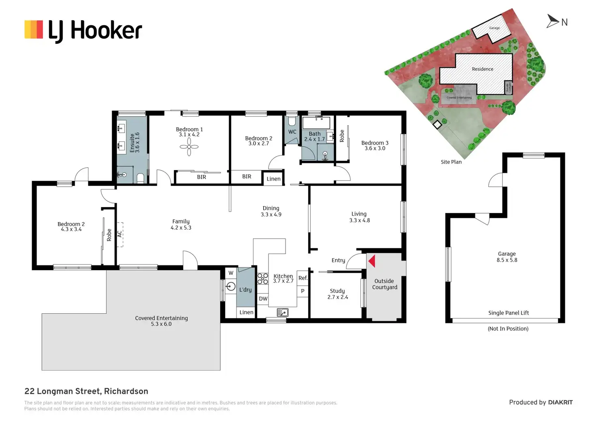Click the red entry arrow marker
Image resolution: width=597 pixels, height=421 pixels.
tap(372, 261)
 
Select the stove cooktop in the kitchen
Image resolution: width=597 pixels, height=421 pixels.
tap(263, 278)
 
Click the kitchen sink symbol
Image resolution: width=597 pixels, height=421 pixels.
tap(283, 312)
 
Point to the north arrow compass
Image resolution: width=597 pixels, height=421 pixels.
tap(553, 21)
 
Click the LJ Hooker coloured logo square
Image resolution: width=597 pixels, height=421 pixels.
tap(34, 30)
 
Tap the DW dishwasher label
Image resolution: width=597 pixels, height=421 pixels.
tap(263, 299)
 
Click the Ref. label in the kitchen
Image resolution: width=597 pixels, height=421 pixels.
tap(303, 278)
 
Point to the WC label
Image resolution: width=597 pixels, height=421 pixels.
tap(292, 132)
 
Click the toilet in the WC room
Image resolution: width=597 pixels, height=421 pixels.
tap(292, 122)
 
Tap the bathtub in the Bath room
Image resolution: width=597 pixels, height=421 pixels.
tap(316, 122)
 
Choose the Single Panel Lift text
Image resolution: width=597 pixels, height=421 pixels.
tap(509, 313)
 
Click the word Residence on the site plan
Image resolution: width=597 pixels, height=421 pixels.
tap(483, 69)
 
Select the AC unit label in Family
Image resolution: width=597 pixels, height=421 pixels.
tap(120, 234)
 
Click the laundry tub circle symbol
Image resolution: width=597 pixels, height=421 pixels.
tap(231, 286)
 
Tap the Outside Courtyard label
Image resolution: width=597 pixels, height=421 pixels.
tap(384, 284)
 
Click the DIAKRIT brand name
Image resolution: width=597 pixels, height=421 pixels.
tap(560, 402)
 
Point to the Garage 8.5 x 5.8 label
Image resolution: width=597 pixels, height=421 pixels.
tap(507, 257)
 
